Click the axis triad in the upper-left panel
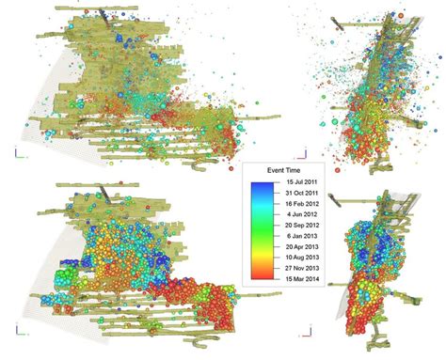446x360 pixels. click(x=17, y=150)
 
